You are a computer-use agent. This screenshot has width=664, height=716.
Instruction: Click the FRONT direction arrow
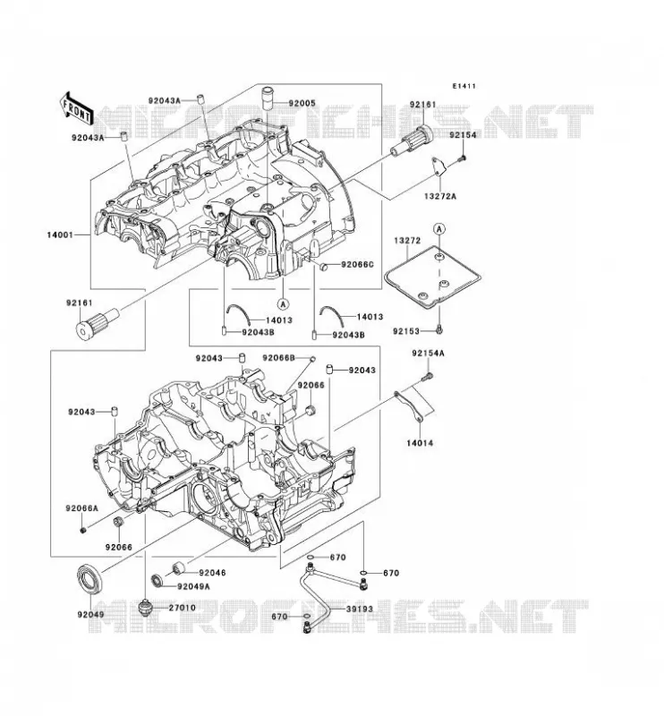point(76,107)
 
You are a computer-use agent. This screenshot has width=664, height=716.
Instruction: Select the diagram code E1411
point(464,86)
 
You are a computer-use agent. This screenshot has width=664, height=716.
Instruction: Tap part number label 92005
point(302,103)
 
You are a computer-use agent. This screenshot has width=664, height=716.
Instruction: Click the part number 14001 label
point(60,235)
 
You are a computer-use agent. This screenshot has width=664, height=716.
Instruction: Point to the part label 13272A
point(440,196)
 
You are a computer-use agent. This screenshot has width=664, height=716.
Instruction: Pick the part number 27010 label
point(183,608)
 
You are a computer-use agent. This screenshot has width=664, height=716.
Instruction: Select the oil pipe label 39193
point(360,609)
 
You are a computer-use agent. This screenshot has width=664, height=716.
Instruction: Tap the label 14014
point(420,442)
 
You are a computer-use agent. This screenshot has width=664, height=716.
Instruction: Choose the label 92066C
point(358,264)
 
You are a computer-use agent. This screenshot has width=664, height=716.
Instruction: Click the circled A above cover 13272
point(438,228)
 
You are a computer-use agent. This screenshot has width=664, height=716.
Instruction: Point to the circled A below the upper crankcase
point(283,303)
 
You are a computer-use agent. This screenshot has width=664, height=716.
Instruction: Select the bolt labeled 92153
point(439,328)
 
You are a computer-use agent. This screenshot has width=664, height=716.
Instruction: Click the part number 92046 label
point(212,573)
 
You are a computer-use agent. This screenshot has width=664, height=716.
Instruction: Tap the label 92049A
point(193,586)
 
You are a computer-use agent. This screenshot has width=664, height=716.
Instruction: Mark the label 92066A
point(81,508)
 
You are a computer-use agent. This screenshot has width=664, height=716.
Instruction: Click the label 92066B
point(278,357)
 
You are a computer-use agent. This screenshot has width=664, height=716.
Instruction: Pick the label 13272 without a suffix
point(407,240)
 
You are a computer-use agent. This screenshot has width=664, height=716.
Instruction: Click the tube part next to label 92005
point(267,98)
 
